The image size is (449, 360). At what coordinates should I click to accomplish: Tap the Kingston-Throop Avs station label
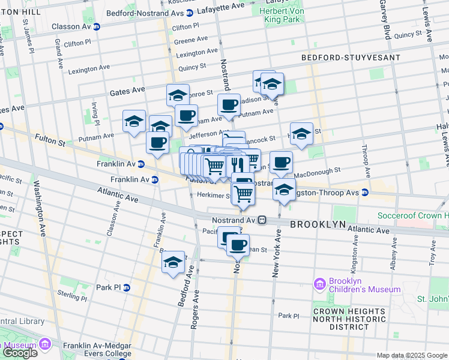pyautogui.click(x=328, y=193)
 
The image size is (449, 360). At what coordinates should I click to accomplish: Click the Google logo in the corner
pyautogui.click(x=19, y=353)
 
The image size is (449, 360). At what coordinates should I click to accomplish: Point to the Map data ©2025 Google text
pyautogui.click(x=411, y=355)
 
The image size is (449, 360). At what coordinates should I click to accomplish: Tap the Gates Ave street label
pyautogui.click(x=127, y=90)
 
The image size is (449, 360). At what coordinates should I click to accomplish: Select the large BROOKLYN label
pyautogui.click(x=318, y=224)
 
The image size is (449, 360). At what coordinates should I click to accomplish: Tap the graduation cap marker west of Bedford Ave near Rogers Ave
pyautogui.click(x=173, y=262)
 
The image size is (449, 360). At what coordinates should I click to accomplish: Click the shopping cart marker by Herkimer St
pyautogui.click(x=243, y=193)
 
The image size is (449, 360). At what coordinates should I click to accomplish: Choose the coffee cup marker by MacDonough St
pyautogui.click(x=280, y=161)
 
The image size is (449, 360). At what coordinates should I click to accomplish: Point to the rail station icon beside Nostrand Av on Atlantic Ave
pyautogui.click(x=262, y=220)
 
